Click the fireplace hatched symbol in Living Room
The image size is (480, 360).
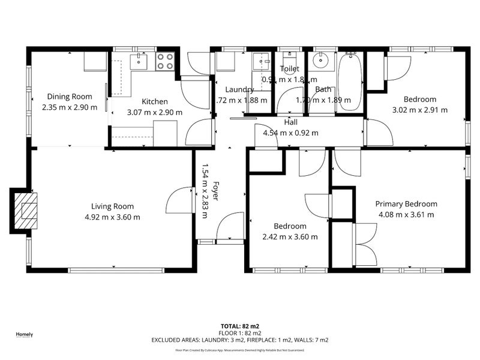(x=25, y=211)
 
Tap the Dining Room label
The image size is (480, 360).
(x=70, y=97)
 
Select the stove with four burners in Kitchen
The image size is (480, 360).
(x=164, y=61)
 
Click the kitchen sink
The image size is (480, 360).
(x=139, y=61)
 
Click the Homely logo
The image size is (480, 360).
(x=24, y=335)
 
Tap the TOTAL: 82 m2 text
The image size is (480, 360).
(x=239, y=325)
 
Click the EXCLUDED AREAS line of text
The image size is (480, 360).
(x=239, y=340)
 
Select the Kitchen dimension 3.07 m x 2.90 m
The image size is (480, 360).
(x=155, y=112)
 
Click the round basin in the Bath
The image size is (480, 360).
(x=320, y=60)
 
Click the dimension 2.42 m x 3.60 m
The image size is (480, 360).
(x=290, y=236)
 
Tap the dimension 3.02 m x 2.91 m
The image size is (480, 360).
(x=419, y=110)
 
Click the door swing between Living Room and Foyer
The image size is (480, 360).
(x=179, y=201)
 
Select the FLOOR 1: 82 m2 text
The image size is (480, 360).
(x=239, y=332)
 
